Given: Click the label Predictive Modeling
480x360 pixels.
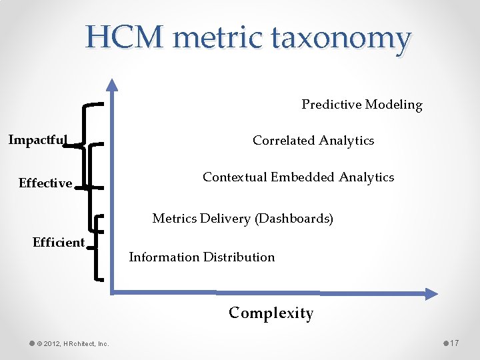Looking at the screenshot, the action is click(x=362, y=105).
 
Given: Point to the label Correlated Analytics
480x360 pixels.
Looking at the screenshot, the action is click(x=313, y=141).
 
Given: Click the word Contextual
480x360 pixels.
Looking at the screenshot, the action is click(x=235, y=177).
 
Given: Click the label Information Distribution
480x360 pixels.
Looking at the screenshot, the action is click(x=201, y=257).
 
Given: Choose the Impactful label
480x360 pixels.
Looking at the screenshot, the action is click(x=37, y=140).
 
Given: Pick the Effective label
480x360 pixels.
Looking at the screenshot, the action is click(x=45, y=183).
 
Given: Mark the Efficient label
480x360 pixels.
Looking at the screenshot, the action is click(x=59, y=243).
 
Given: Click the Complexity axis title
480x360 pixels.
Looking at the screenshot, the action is click(x=271, y=313).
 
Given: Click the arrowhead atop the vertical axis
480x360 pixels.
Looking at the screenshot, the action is click(x=113, y=84).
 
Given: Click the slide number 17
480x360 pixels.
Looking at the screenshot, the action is click(x=454, y=343).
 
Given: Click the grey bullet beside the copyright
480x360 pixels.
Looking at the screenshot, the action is click(x=32, y=343).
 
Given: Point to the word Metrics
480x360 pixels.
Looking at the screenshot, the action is click(x=174, y=219).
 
